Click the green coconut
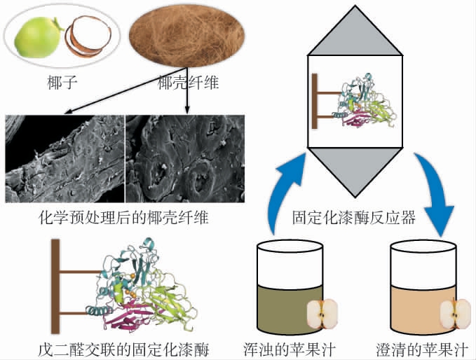[x=41, y=39]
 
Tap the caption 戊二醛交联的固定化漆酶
[x=124, y=348]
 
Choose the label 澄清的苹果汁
[x=426, y=348]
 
